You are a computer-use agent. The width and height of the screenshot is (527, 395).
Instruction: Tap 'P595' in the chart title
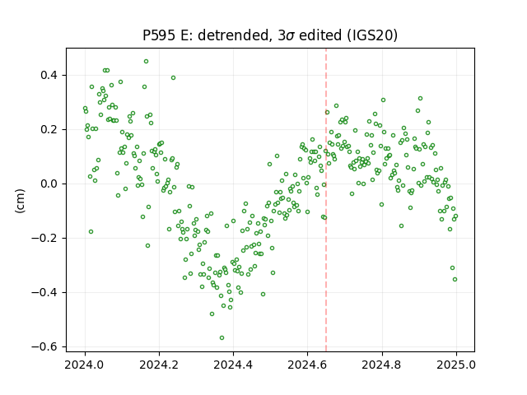tap(159, 35)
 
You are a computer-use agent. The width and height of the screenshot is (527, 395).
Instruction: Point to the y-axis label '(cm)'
tap(20, 201)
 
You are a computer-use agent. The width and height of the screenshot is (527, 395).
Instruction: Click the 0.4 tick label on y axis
tap(49, 75)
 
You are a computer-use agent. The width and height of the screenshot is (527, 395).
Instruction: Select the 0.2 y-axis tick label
tap(49, 130)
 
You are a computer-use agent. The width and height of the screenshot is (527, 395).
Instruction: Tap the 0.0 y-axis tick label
tap(49, 184)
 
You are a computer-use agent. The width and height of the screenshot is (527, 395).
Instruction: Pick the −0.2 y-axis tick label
tap(44, 238)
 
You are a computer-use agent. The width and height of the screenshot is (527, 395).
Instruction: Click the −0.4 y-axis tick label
tap(44, 293)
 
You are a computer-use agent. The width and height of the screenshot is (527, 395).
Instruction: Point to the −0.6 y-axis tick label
tap(44, 347)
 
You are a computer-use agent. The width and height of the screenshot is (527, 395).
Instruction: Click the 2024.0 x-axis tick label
tap(85, 365)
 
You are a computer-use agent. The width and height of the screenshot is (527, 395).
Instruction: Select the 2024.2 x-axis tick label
tap(159, 365)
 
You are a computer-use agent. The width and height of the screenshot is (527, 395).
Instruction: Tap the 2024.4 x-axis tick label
tap(233, 365)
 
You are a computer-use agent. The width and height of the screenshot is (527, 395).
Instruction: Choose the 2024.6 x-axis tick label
tap(307, 365)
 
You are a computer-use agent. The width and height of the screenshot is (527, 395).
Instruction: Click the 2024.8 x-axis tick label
tap(382, 365)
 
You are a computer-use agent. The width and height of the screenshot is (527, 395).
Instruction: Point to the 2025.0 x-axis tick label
tap(456, 365)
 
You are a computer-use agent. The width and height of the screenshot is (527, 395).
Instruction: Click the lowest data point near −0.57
tap(222, 338)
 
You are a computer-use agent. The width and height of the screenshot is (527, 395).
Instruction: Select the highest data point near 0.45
tap(147, 62)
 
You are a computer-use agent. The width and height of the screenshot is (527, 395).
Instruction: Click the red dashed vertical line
tap(326, 200)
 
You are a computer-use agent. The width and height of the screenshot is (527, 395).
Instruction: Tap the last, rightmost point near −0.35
tap(455, 280)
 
